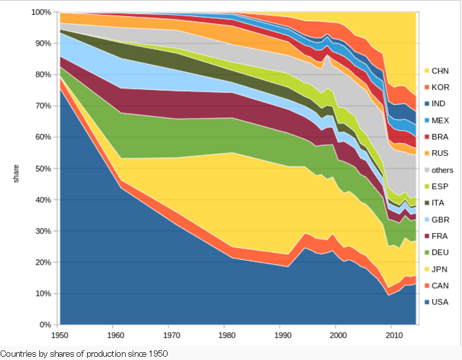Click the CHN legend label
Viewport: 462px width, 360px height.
click(x=441, y=70)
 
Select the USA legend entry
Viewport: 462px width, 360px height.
click(x=441, y=301)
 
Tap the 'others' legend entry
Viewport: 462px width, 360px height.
click(x=443, y=169)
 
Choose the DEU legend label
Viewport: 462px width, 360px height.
click(x=441, y=252)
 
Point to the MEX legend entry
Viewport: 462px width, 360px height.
click(x=441, y=120)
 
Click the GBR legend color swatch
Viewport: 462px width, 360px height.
click(x=426, y=219)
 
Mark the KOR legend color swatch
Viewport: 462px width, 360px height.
click(x=426, y=87)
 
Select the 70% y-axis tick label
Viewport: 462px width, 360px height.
click(x=43, y=106)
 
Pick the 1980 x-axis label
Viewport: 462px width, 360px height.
click(x=226, y=336)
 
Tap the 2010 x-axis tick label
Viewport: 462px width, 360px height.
click(x=392, y=336)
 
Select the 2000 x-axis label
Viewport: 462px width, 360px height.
click(x=336, y=336)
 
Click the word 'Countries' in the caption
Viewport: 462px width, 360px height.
click(x=19, y=354)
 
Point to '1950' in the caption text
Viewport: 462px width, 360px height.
click(x=157, y=354)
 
